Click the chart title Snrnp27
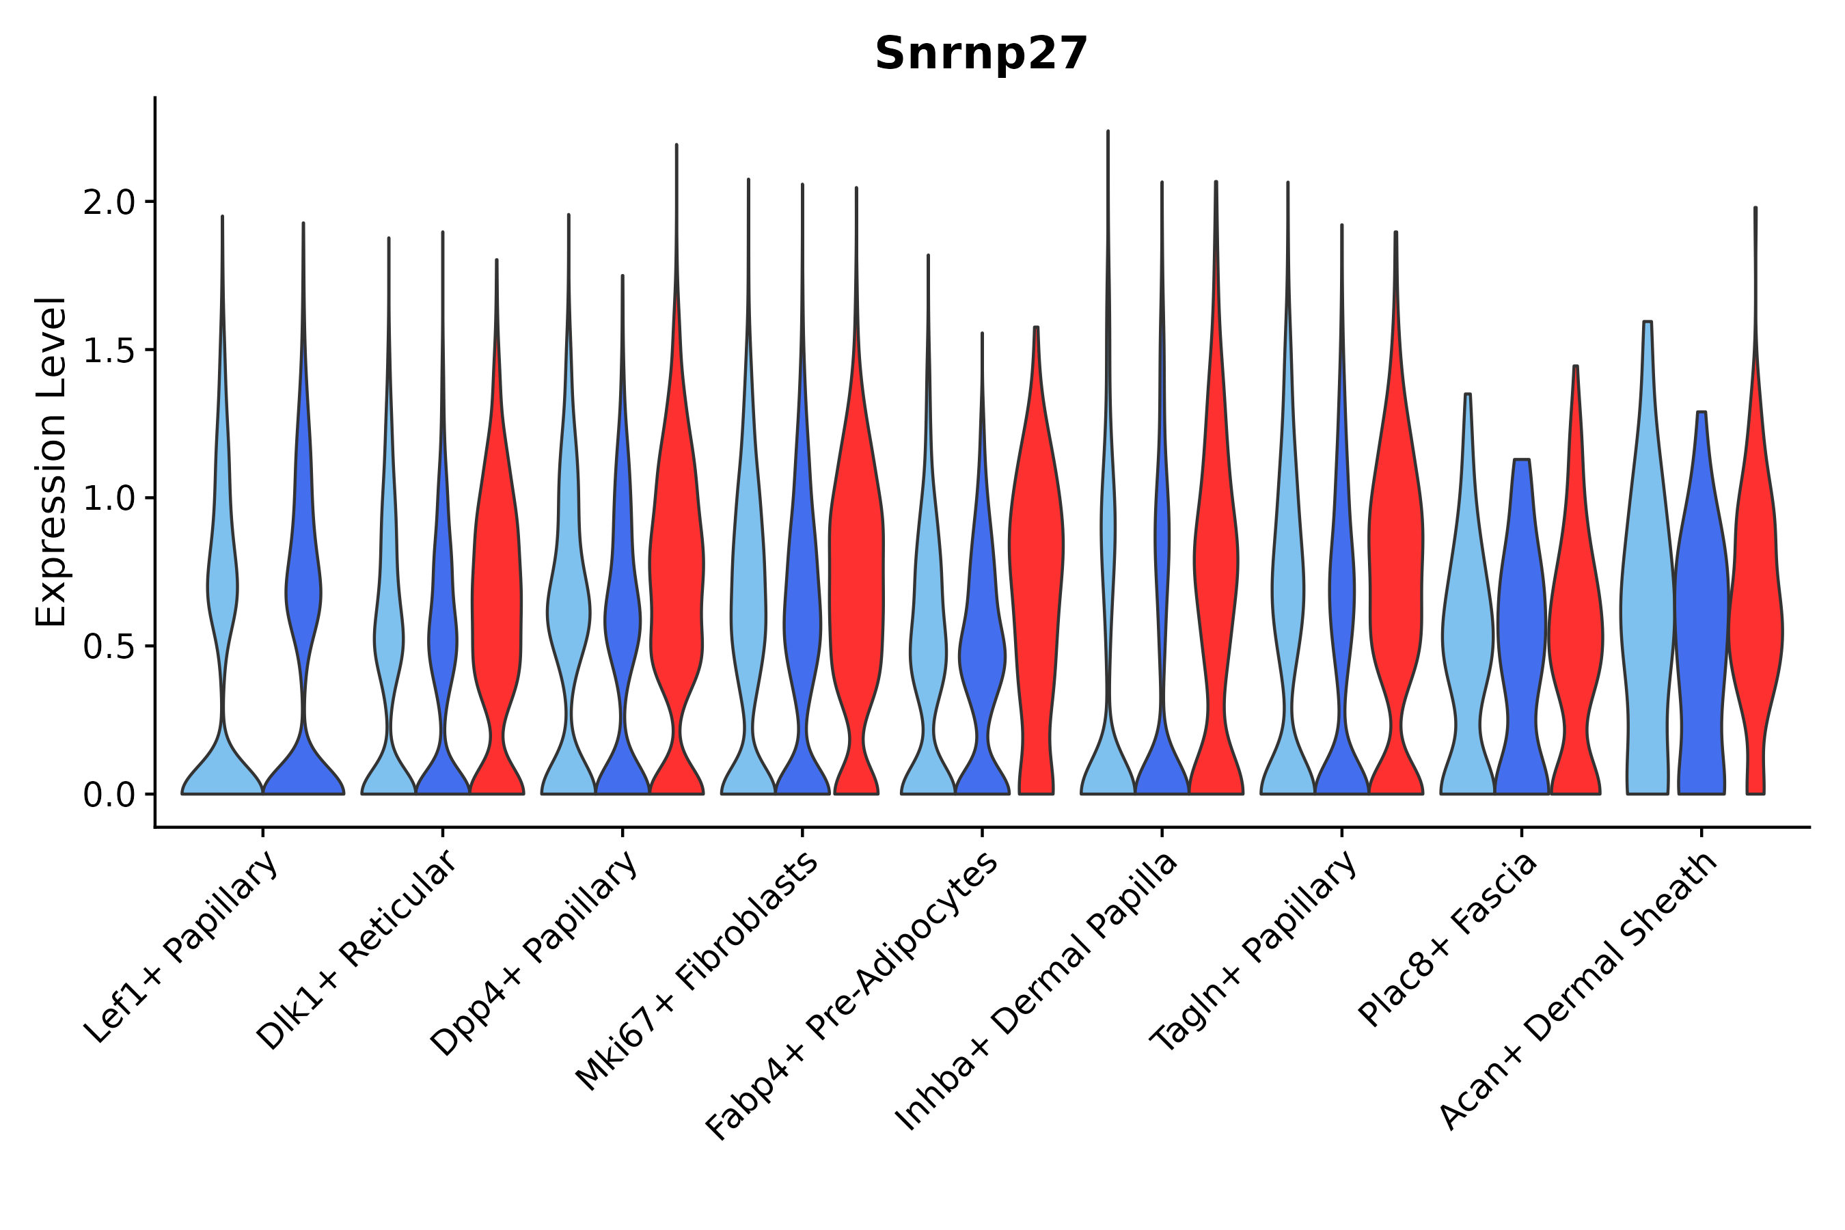coord(981,54)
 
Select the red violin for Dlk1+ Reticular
coord(497,588)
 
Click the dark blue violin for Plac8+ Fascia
coord(1522,627)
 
